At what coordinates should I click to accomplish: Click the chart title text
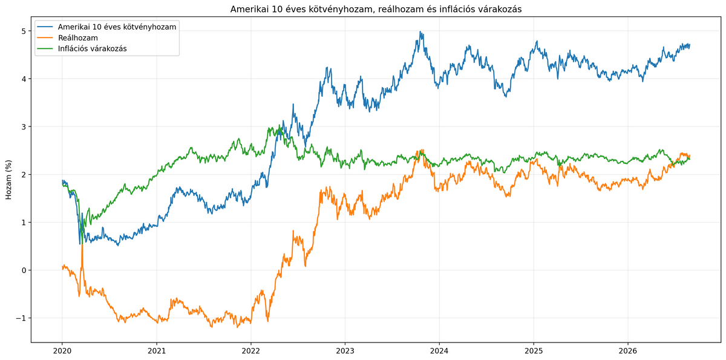376,10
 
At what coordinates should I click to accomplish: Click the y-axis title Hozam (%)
8,180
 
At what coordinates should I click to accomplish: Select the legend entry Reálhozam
78,38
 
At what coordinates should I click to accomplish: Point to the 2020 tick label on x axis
62,350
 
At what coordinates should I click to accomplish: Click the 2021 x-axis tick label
157,350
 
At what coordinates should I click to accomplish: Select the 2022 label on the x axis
251,350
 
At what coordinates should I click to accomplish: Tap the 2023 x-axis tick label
345,350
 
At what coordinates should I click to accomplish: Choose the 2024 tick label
439,350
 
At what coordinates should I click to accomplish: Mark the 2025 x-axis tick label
534,350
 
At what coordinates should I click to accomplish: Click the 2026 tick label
628,350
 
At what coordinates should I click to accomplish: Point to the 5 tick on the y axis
24,31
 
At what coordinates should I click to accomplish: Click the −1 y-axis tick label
21,318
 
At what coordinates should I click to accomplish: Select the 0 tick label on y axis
24,270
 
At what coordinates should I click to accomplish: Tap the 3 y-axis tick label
24,126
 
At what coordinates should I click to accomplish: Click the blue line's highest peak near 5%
420,31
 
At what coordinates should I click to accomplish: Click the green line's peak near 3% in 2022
280,125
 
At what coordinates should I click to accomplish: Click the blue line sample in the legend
45,27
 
